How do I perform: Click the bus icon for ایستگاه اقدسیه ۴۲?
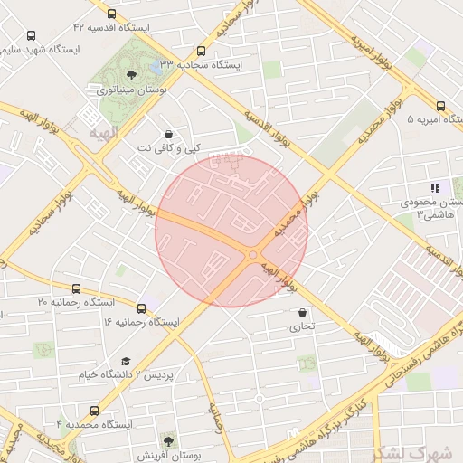click(x=110, y=14)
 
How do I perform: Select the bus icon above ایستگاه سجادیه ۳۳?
click(x=201, y=51)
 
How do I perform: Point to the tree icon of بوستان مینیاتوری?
click(x=132, y=75)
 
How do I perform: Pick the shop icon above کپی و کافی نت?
click(x=169, y=134)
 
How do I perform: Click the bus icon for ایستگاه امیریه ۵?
click(x=440, y=105)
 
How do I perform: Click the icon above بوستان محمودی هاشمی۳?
click(x=435, y=189)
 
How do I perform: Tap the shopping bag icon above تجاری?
click(x=301, y=313)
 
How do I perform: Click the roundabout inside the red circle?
click(x=252, y=255)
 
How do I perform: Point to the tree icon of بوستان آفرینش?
click(x=168, y=440)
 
